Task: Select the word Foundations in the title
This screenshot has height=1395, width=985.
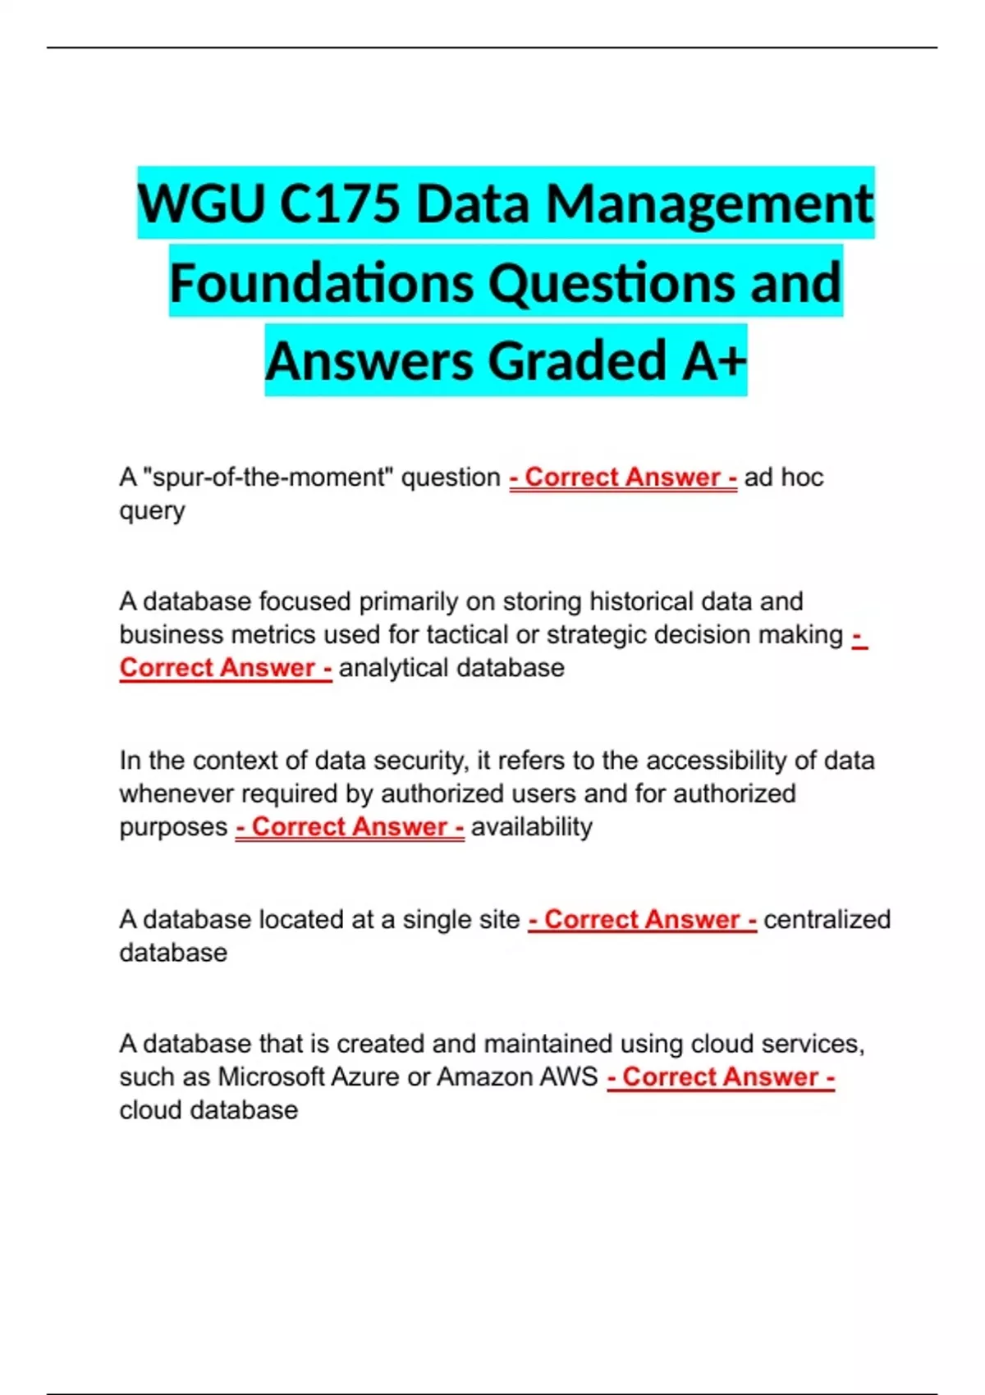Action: pos(321,282)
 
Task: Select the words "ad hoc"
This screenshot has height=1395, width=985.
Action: pos(783,477)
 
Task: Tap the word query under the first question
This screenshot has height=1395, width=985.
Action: pos(152,511)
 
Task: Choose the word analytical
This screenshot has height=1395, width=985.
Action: pos(393,668)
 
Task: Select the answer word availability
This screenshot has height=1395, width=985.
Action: pos(531,827)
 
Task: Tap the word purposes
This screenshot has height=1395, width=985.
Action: pos(173,827)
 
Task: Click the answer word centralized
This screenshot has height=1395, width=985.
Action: pos(827,919)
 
